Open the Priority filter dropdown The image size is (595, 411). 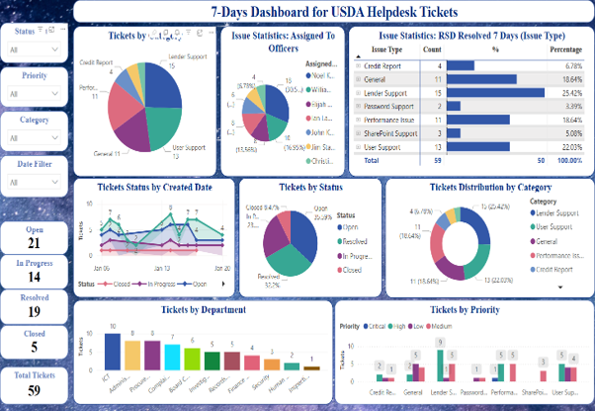point(35,95)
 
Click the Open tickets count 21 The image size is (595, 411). point(35,243)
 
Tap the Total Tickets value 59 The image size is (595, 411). point(35,390)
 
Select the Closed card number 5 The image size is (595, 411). point(35,346)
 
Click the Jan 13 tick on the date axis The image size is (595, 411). point(157,268)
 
